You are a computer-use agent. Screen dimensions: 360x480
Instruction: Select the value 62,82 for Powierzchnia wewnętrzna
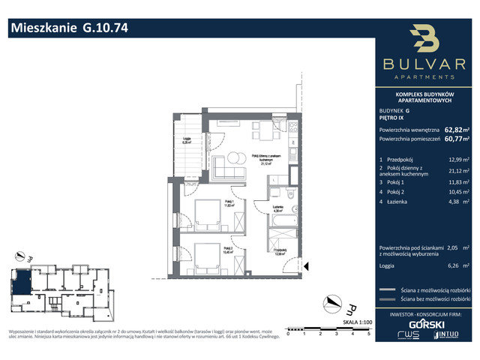(453, 128)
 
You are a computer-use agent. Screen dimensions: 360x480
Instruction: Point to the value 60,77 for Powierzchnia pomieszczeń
(453, 138)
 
